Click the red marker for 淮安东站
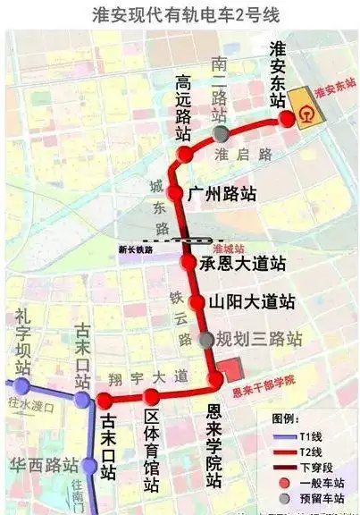point(287,118)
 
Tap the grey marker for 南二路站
point(221,134)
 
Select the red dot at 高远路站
point(185,155)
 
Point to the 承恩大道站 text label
point(243,263)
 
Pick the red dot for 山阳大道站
point(201,302)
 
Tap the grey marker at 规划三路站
point(207,340)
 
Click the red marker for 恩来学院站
point(215,382)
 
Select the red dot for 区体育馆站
point(152,397)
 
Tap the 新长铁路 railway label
point(136,250)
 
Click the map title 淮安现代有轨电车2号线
point(179,15)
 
